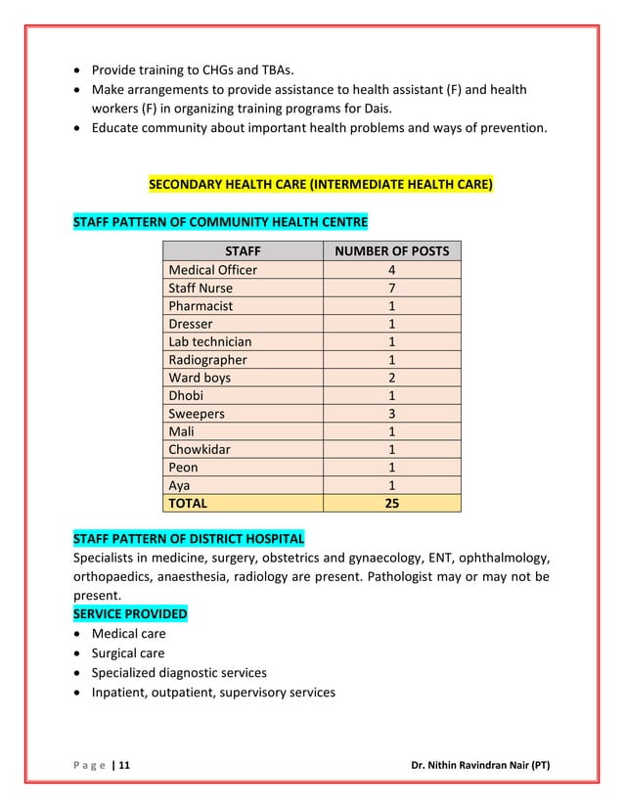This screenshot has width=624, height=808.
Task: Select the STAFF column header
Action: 243,251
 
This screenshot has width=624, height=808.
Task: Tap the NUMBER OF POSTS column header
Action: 391,251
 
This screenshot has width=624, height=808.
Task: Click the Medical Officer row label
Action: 213,270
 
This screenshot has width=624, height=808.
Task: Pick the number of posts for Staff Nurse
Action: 391,289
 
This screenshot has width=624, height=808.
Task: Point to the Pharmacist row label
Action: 201,306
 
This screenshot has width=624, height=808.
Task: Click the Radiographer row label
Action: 207,360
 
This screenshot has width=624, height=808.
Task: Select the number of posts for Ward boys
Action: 391,378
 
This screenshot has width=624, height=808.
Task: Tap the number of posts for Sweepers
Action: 391,414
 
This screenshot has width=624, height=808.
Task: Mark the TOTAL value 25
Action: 391,504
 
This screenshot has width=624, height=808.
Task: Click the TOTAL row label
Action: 188,504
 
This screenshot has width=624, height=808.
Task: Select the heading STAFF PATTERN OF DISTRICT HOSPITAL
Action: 189,540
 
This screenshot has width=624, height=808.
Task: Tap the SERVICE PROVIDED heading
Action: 130,614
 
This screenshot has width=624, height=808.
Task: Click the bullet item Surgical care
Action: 128,653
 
